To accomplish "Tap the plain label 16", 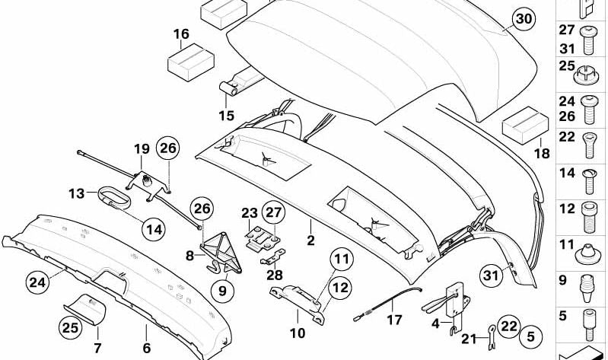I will point(181,34).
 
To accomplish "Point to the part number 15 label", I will point(227,116).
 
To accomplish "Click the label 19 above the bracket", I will point(142,148).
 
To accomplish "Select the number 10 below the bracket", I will point(297,333).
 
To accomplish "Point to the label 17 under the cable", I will point(393,321).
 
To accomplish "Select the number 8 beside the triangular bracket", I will point(190,256).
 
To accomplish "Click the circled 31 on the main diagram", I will point(492,276).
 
